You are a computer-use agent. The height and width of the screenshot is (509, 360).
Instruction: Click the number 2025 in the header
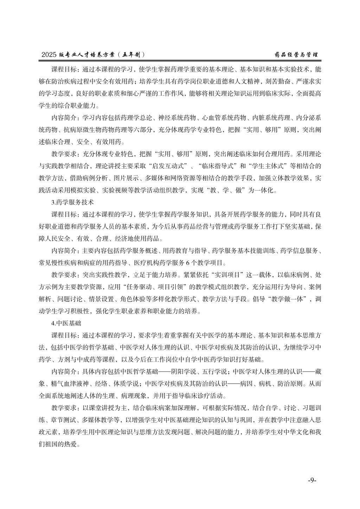[49, 55]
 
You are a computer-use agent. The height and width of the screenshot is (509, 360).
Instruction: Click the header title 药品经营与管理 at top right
[296, 55]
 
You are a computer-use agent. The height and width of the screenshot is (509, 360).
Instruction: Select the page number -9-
[312, 481]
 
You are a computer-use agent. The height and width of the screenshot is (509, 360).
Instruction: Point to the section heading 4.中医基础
[66, 322]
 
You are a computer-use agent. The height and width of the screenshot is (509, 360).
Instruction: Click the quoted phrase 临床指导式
[218, 166]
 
